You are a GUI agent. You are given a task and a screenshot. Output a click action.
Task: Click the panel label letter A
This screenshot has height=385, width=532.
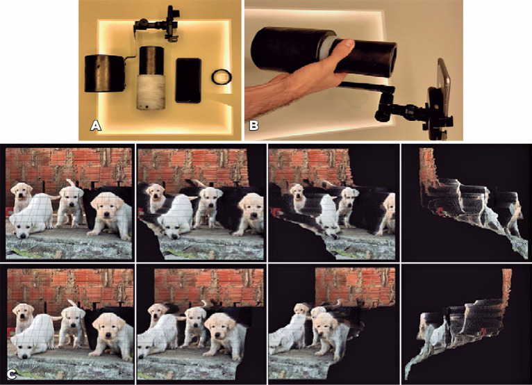96,126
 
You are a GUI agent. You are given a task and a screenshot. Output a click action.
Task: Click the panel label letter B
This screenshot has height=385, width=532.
253,126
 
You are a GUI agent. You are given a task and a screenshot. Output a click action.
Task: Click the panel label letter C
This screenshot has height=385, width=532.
11,375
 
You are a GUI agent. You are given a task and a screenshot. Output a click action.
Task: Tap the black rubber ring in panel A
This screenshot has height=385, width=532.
222,76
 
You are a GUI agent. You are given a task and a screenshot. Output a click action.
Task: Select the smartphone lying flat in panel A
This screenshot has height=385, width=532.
188,80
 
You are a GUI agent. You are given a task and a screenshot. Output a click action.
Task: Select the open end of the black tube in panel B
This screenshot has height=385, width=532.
392,60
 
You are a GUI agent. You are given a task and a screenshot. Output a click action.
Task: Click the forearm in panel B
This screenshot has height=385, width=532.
268,97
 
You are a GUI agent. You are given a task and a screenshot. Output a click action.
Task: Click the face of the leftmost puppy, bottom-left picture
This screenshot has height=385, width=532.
24,312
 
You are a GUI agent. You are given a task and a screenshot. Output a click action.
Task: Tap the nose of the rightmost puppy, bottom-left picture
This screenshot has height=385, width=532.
108,335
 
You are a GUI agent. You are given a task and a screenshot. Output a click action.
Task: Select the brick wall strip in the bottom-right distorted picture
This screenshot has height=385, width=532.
506,285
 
